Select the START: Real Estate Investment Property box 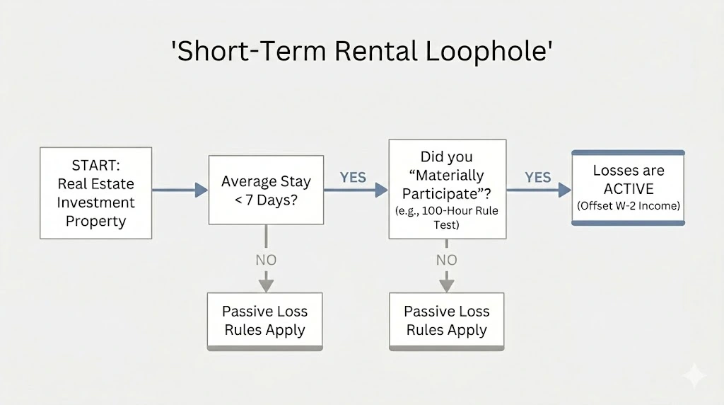[95, 193]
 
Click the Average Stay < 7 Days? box [266, 190]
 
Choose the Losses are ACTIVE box [628, 188]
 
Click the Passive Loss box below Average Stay [265, 321]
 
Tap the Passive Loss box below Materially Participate [446, 321]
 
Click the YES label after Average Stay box [353, 178]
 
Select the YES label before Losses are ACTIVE [537, 178]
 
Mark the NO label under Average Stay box [266, 260]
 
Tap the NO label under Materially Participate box [447, 260]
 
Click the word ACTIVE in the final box [629, 189]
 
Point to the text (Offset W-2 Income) [629, 206]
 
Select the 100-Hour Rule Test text [447, 217]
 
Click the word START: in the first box [96, 166]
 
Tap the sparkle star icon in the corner [694, 375]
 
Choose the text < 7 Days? [266, 200]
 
